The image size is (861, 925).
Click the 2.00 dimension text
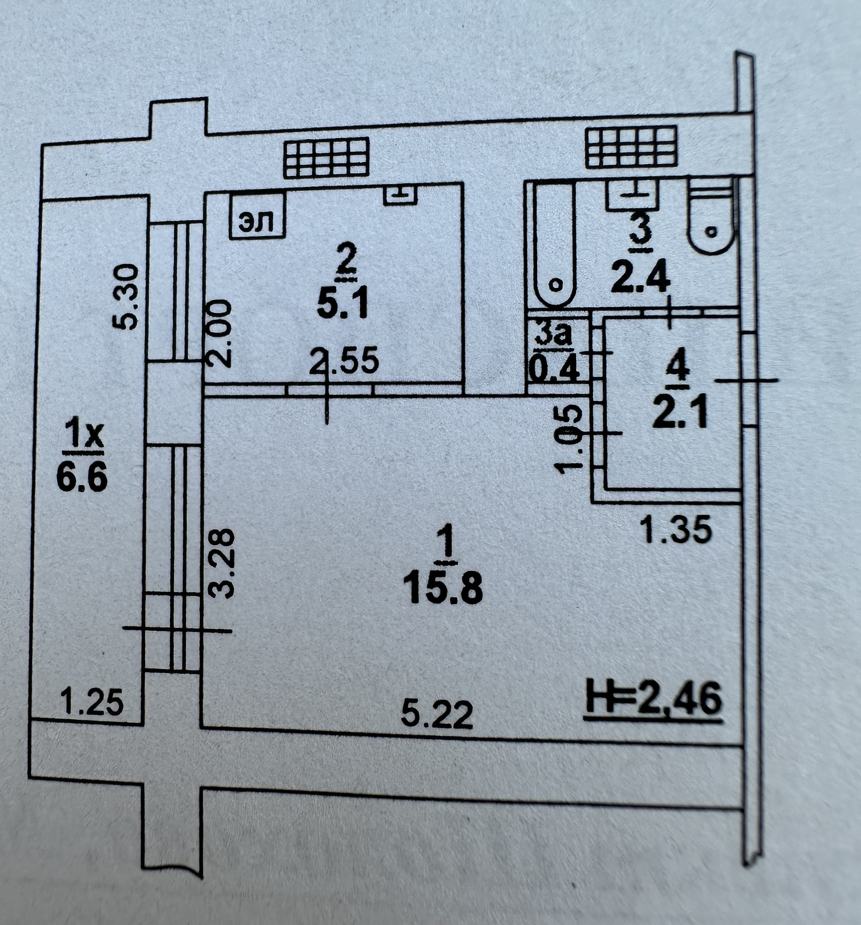click(219, 333)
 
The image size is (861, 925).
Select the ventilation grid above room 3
click(631, 148)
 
